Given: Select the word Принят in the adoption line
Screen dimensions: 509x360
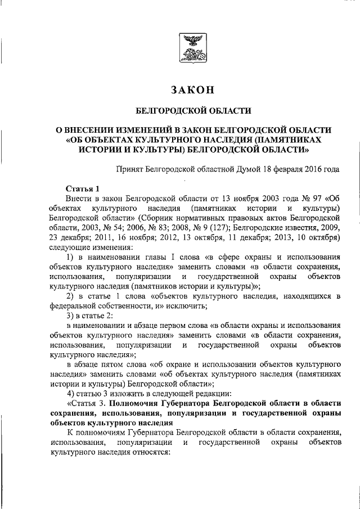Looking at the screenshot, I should coord(129,168).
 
